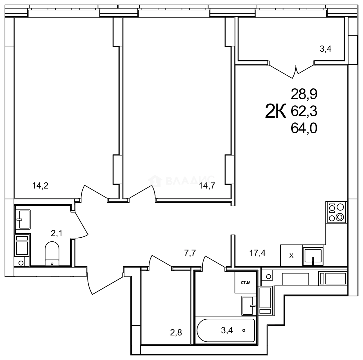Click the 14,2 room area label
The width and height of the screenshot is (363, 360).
pyautogui.click(x=40, y=186)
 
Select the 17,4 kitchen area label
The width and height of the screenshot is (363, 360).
pyautogui.click(x=258, y=253)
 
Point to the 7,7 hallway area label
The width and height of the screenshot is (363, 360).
pyautogui.click(x=190, y=253)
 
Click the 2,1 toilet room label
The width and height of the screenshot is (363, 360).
pyautogui.click(x=56, y=233)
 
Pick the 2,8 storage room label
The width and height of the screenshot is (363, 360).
pyautogui.click(x=176, y=333)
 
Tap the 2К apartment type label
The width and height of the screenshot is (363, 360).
pyautogui.click(x=276, y=111)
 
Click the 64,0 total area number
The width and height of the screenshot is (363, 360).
pyautogui.click(x=304, y=128)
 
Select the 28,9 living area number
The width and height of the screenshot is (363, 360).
pyautogui.click(x=304, y=94)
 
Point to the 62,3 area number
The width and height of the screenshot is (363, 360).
pyautogui.click(x=304, y=112)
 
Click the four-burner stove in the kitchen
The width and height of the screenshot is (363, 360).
pyautogui.click(x=336, y=212)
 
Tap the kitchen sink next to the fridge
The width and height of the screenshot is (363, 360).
pyautogui.click(x=313, y=256)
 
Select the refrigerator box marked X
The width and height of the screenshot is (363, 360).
pyautogui.click(x=292, y=255)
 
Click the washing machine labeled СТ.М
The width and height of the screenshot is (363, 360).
pyautogui.click(x=246, y=282)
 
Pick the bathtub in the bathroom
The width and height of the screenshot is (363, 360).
pyautogui.click(x=226, y=330)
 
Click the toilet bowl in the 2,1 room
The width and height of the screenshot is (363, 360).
pyautogui.click(x=52, y=254)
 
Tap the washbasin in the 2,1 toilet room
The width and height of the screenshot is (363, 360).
pyautogui.click(x=23, y=219)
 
